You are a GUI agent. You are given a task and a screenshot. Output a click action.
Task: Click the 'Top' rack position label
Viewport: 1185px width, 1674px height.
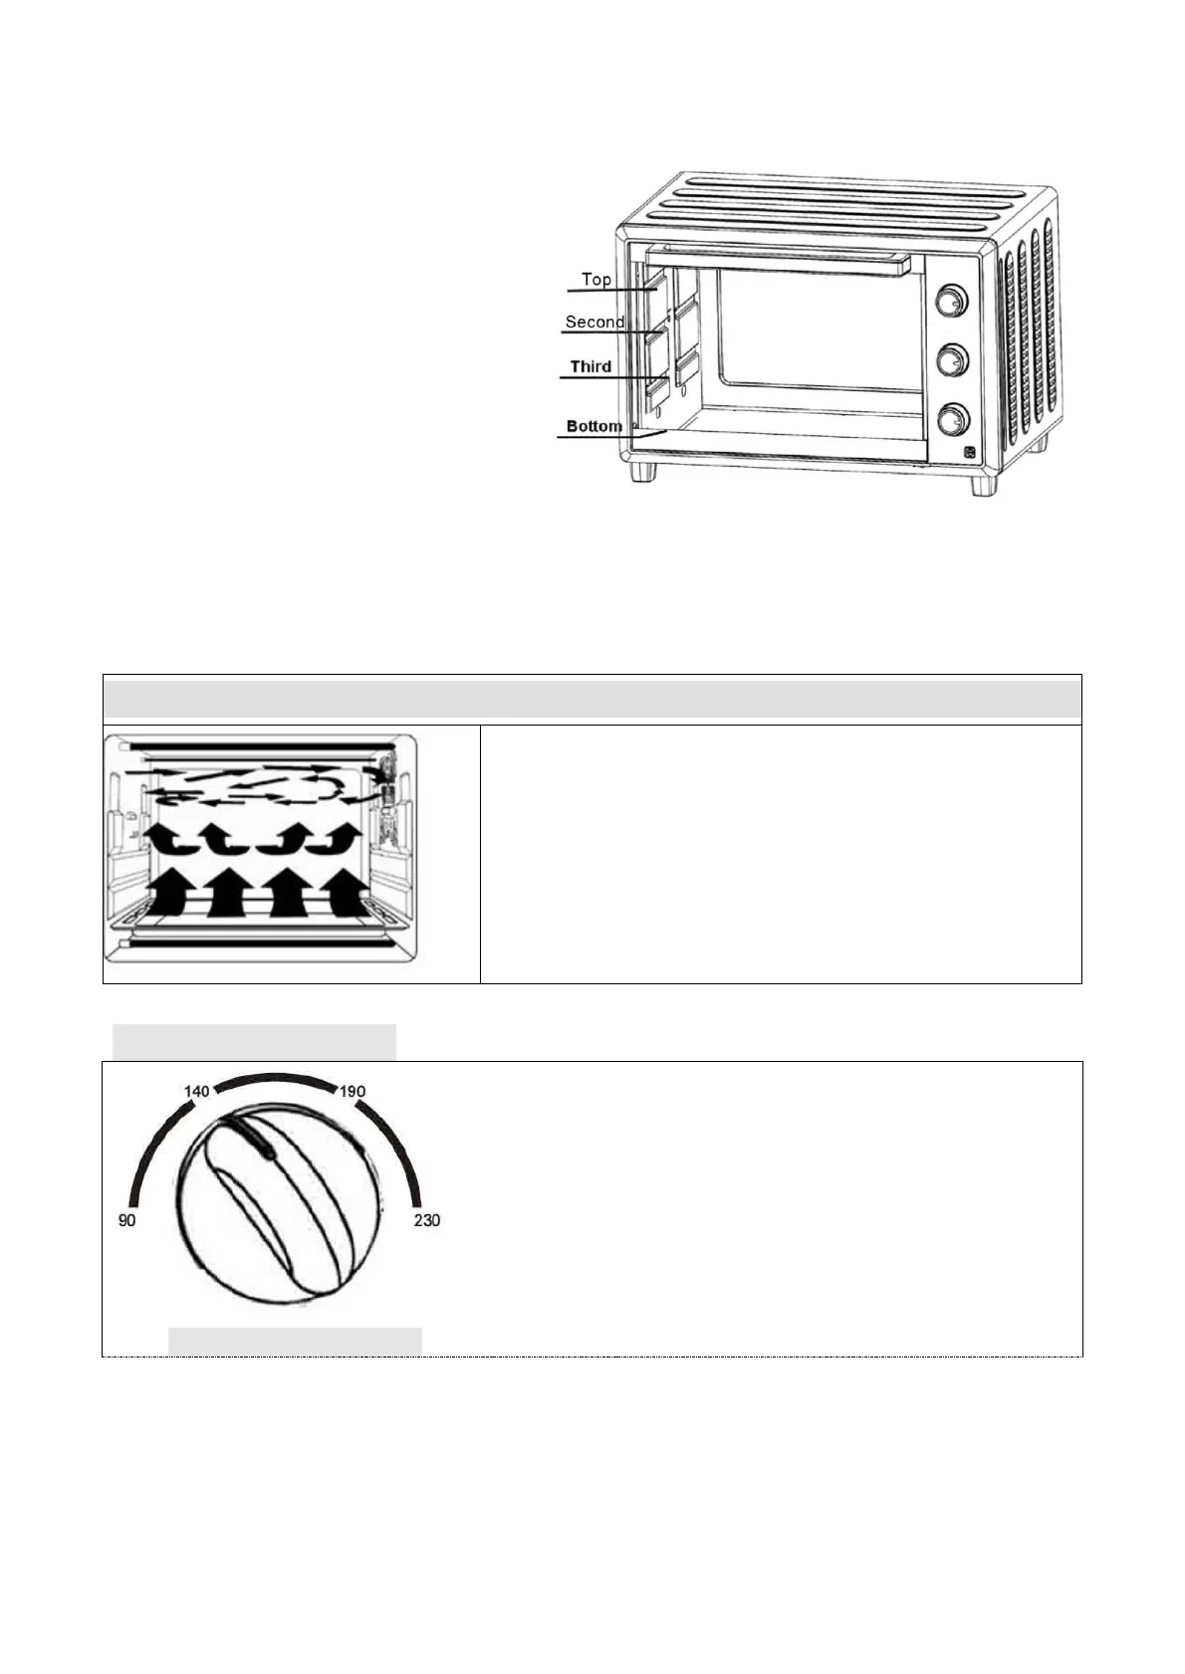pos(596,280)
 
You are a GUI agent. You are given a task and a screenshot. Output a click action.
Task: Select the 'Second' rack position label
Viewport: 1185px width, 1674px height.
pos(594,322)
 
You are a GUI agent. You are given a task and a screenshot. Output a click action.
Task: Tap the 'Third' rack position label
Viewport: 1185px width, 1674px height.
pos(591,367)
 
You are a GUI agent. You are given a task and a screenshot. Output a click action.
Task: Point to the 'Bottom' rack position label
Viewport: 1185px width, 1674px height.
pos(594,427)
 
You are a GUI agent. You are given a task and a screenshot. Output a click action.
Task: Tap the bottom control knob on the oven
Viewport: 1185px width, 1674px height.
pos(953,419)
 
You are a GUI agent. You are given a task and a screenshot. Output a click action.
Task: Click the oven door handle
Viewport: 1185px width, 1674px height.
pos(777,261)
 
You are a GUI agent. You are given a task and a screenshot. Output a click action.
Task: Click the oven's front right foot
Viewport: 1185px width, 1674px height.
pos(983,485)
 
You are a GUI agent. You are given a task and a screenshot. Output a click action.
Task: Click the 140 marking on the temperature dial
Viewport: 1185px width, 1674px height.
pos(197,1092)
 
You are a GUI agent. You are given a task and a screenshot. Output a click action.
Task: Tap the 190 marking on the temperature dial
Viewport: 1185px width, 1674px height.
pos(353,1092)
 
